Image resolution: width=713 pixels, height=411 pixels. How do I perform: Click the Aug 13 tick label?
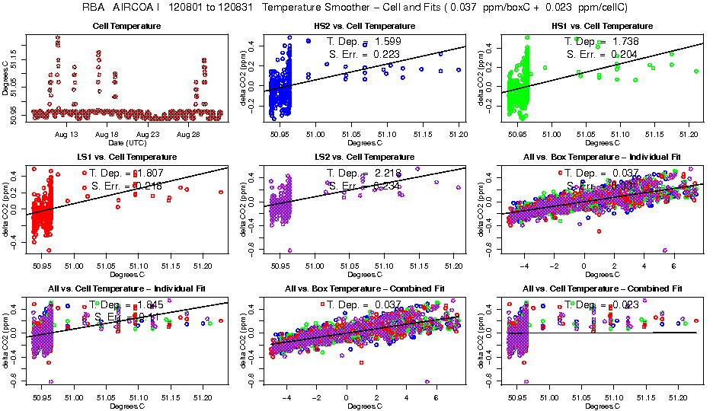click(67, 134)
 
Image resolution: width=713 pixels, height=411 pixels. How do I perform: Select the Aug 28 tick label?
click(188, 134)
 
